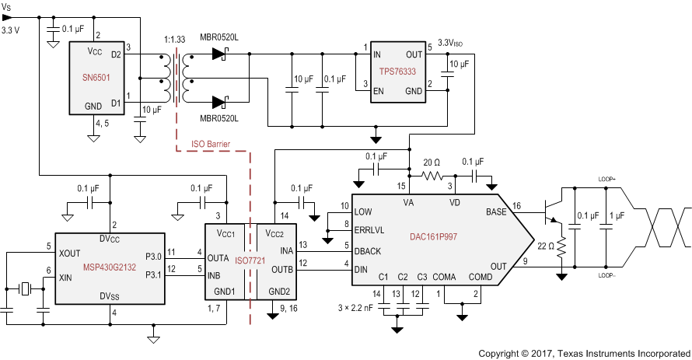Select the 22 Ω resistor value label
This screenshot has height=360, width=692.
(x=544, y=247)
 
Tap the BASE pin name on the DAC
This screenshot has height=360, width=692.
(x=495, y=211)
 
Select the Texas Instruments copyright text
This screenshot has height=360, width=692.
(x=584, y=352)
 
